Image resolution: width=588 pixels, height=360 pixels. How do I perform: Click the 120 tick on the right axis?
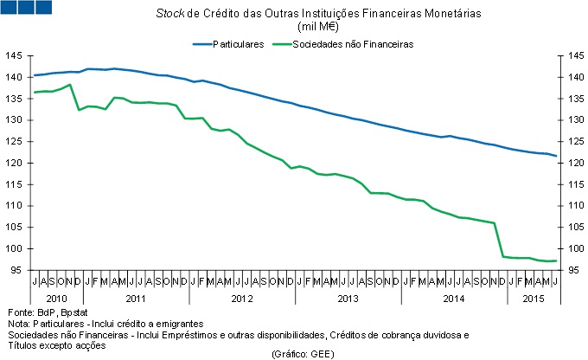[x=575, y=164]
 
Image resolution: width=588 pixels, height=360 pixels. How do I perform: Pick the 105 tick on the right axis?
[x=575, y=228]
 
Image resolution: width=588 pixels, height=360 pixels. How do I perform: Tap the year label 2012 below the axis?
[x=241, y=298]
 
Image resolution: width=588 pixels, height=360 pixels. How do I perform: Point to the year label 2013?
[x=348, y=298]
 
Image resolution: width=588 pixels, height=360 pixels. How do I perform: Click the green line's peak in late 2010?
[x=69, y=85]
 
